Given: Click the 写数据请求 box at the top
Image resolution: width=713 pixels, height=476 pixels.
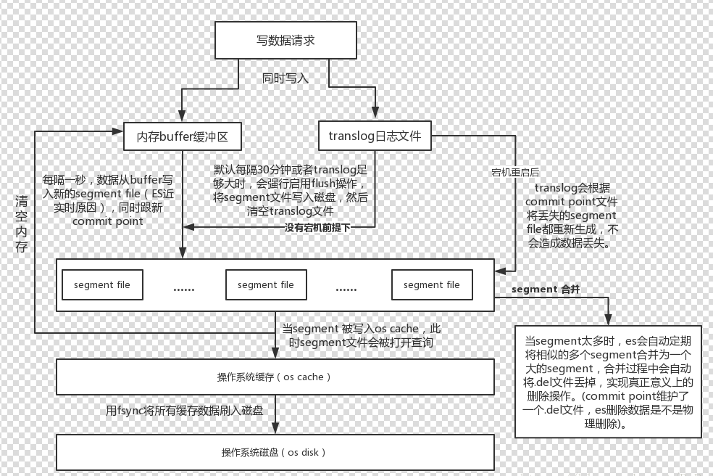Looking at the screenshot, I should pyautogui.click(x=285, y=40).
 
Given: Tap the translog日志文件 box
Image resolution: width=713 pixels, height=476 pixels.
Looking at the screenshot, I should pyautogui.click(x=375, y=135).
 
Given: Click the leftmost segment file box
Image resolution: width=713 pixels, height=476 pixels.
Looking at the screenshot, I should pyautogui.click(x=102, y=284).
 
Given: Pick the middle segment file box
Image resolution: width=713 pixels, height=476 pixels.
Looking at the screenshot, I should pyautogui.click(x=266, y=284).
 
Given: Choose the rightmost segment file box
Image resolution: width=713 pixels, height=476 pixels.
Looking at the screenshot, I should pyautogui.click(x=431, y=284).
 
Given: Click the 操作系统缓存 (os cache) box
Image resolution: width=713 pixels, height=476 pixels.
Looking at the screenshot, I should pyautogui.click(x=275, y=377).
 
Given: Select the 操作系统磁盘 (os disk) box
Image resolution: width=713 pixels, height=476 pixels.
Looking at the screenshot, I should pyautogui.click(x=275, y=452).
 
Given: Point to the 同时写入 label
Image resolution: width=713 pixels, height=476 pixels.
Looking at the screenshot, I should pyautogui.click(x=285, y=78).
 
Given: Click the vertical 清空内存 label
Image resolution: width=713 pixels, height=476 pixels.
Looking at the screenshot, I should pyautogui.click(x=21, y=223).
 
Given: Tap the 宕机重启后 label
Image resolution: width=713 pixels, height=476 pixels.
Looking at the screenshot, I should pyautogui.click(x=515, y=172).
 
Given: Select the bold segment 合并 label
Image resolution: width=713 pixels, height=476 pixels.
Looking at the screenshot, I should pyautogui.click(x=545, y=289).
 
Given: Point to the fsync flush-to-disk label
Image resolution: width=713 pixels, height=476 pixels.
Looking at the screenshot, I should pyautogui.click(x=184, y=411).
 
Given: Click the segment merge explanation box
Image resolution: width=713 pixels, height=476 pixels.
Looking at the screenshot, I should pyautogui.click(x=608, y=381).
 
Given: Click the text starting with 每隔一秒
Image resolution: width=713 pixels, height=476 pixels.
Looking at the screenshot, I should pyautogui.click(x=109, y=200).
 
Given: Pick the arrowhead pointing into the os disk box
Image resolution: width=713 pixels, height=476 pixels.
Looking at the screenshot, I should pyautogui.click(x=275, y=429).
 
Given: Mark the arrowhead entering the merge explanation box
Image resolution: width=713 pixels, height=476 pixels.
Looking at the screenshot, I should pyautogui.click(x=608, y=320).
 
